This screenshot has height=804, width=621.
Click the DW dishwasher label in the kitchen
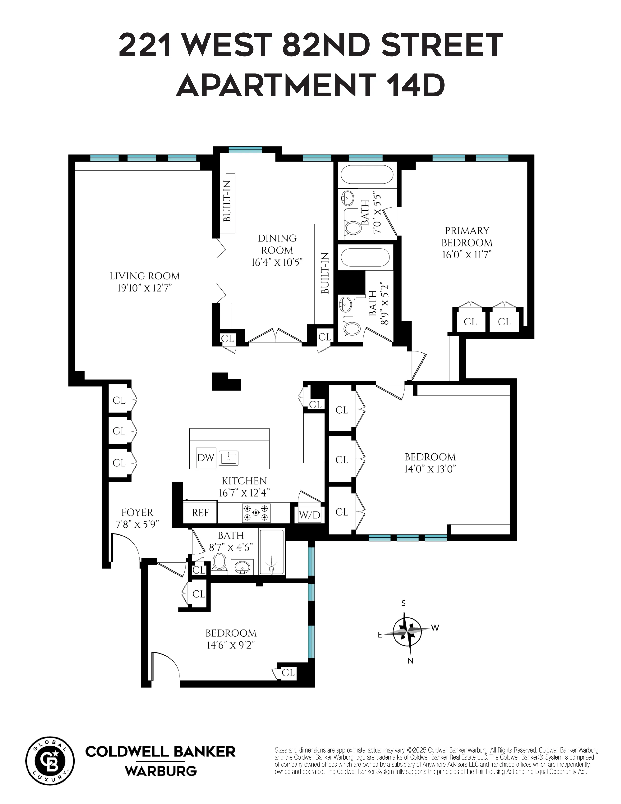(206, 458)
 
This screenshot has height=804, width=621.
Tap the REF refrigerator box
(200, 512)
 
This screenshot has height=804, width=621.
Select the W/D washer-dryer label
(309, 515)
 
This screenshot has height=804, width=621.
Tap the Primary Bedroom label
(467, 237)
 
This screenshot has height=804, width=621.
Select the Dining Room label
(277, 244)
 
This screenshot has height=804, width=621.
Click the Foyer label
(137, 512)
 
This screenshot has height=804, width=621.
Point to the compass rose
(407, 631)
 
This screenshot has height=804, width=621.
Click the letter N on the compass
(411, 661)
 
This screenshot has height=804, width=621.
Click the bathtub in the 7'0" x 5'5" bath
(367, 174)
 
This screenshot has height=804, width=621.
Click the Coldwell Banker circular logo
(50, 761)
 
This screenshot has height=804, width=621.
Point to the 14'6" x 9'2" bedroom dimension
(231, 645)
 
